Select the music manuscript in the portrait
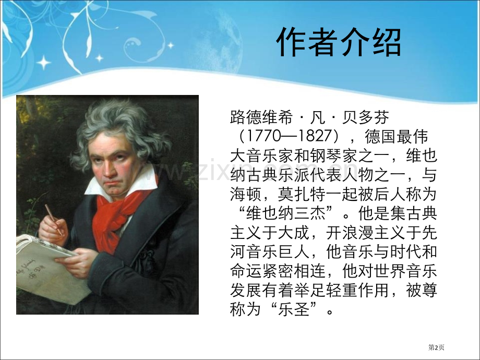[50, 266]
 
